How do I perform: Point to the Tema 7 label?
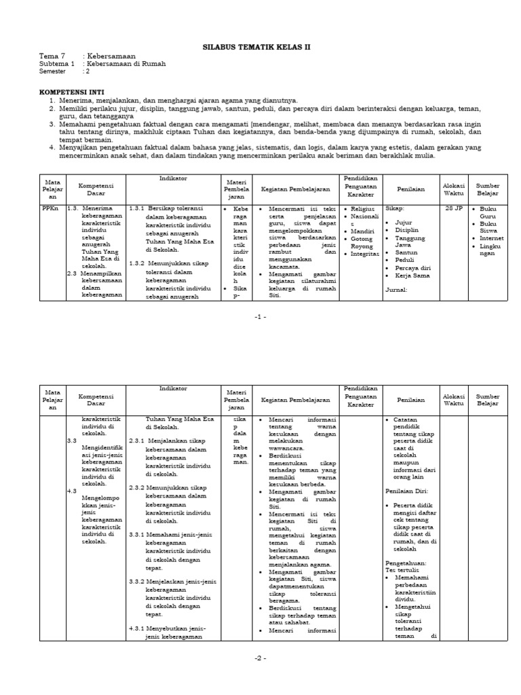(52, 56)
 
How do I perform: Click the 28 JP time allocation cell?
(453, 209)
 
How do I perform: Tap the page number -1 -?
(260, 316)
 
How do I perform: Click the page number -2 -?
(260, 658)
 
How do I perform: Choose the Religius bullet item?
(363, 209)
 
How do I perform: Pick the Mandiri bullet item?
(362, 231)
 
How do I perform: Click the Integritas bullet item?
(366, 254)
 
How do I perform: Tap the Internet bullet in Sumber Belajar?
(491, 238)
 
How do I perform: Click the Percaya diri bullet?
(414, 269)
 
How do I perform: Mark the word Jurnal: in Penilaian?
(395, 289)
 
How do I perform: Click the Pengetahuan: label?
(406, 563)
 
